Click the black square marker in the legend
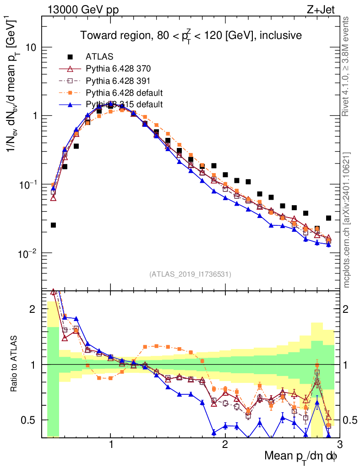[70, 57]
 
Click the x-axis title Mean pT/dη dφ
[300, 457]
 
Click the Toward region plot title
[191, 35]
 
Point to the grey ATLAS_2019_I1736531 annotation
[190, 274]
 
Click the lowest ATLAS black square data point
[53, 225]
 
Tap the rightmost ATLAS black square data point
[328, 218]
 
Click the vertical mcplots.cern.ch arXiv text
[347, 220]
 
